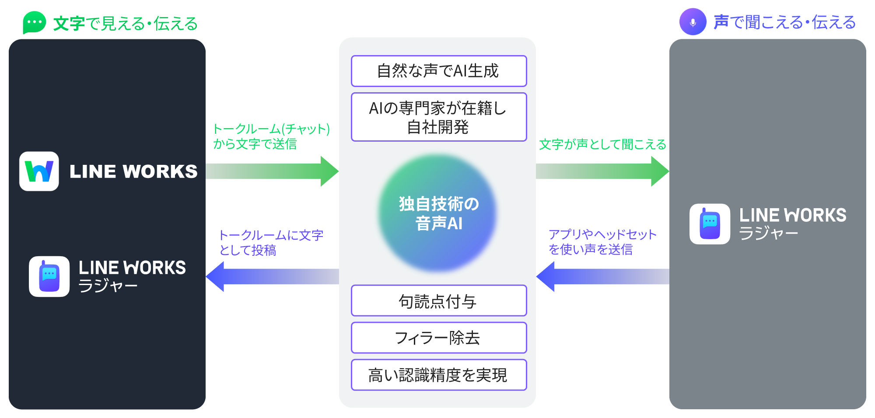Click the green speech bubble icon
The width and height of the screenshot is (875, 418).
(x=34, y=22)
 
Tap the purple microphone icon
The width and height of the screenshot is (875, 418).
(x=693, y=22)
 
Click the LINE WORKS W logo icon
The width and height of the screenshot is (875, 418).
(x=39, y=171)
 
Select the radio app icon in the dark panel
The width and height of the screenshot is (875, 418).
(x=49, y=276)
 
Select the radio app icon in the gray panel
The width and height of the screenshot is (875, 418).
(x=710, y=224)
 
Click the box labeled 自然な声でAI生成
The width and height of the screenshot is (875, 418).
(x=438, y=71)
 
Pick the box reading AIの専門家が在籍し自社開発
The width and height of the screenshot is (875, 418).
(x=438, y=117)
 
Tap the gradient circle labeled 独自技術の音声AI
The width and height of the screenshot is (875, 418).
(x=437, y=213)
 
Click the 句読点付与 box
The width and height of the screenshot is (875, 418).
(x=438, y=301)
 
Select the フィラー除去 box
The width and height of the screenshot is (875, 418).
(x=438, y=338)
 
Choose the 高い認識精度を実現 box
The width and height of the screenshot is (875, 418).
(x=438, y=375)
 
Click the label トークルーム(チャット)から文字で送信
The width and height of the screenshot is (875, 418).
(x=270, y=136)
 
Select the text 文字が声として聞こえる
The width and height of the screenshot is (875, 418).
(x=602, y=144)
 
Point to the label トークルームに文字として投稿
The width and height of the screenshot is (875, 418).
(x=270, y=243)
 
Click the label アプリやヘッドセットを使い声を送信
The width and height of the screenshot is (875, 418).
(x=602, y=242)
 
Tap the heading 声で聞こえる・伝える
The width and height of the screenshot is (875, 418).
(x=784, y=22)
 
